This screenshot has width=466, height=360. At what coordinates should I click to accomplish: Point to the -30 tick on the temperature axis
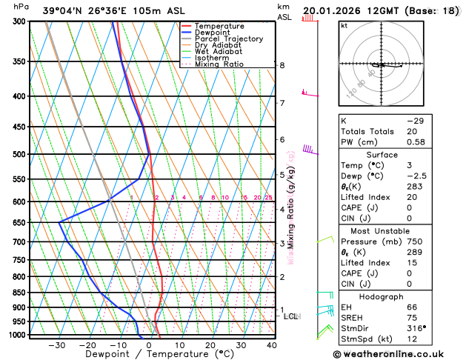click(x=56, y=344)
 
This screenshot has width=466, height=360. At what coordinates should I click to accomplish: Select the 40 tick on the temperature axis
click(x=272, y=344)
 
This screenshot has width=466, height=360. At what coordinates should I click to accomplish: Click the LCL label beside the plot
click(x=290, y=316)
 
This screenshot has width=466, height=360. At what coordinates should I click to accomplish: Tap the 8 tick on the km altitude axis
click(x=282, y=65)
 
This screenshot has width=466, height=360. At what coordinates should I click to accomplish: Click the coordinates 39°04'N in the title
click(x=65, y=10)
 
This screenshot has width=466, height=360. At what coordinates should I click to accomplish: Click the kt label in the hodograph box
click(x=344, y=26)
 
